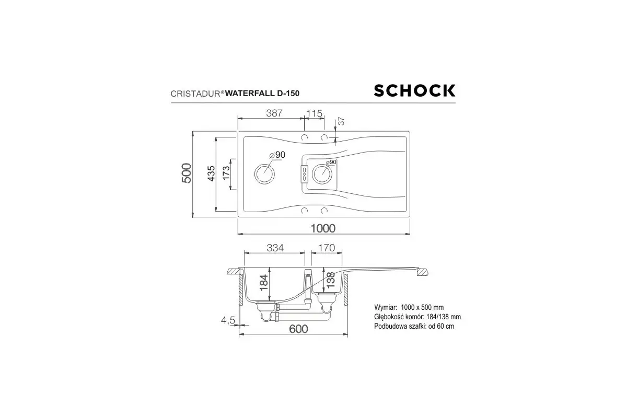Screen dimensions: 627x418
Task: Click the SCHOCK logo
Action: click(414, 90)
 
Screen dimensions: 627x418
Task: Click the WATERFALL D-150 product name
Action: click(262, 93)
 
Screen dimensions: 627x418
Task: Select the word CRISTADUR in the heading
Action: click(195, 94)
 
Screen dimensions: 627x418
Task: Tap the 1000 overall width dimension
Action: click(323, 228)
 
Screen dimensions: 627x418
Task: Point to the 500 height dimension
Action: click(187, 173)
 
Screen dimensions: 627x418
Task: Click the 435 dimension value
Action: click(211, 173)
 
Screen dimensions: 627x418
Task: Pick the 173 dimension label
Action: click(226, 173)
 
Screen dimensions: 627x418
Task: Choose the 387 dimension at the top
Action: click(274, 113)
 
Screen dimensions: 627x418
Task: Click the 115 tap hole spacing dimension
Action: click(315, 113)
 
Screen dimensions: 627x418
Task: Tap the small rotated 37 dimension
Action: click(341, 121)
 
